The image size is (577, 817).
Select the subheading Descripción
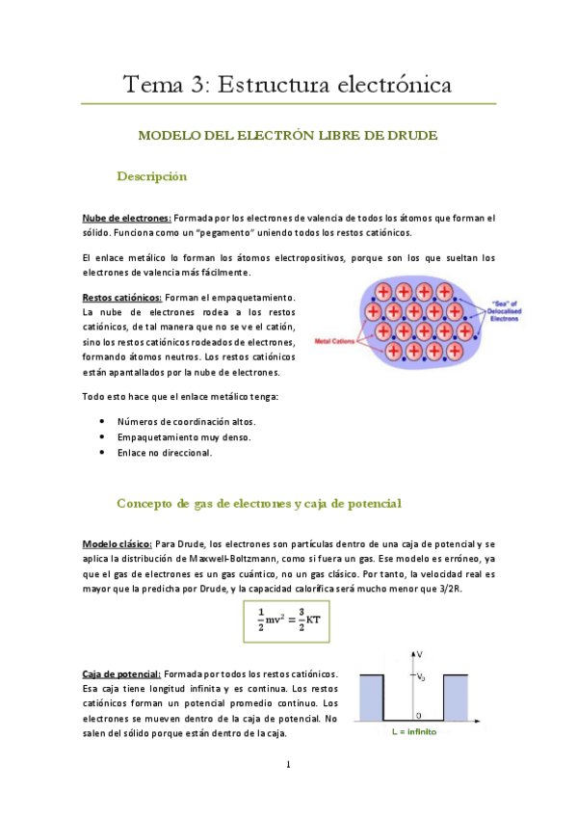tap(151, 176)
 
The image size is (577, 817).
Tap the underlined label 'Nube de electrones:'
tap(127, 219)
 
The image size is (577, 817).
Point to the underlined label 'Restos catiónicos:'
tap(122, 297)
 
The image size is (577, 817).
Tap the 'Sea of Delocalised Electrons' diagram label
tap(468, 308)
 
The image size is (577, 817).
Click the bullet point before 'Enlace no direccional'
tap(103, 453)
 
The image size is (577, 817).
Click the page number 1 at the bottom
tap(288, 766)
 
